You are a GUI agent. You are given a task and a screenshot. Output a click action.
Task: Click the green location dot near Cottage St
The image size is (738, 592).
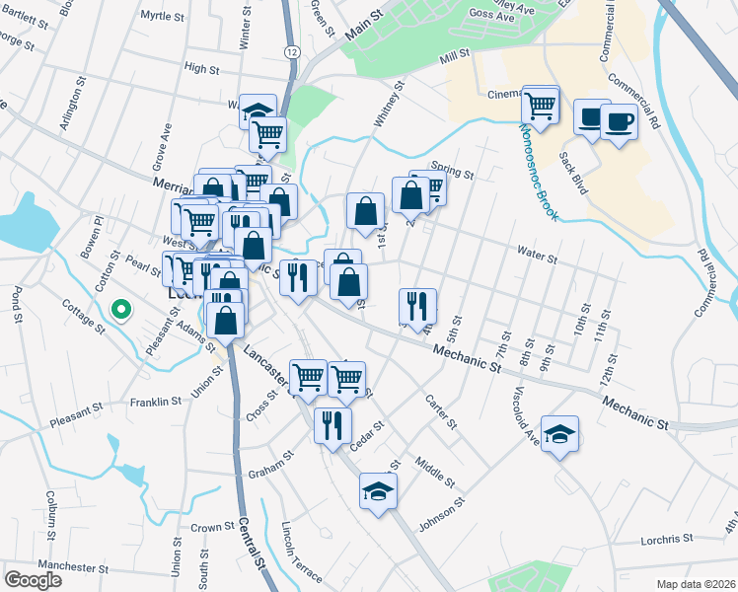pos(121,311)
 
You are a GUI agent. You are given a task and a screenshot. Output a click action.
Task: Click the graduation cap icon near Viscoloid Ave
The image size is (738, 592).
pos(559,434)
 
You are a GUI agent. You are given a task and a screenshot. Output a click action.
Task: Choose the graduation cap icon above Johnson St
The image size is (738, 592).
pos(378,490)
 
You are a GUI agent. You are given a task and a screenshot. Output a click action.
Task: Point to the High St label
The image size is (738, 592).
pos(201,68)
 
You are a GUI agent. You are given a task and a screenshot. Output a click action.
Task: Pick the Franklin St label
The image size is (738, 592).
pos(156,403)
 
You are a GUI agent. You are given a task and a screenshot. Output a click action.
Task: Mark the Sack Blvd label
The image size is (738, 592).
pos(573,172)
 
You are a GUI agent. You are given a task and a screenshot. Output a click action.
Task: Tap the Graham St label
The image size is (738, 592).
pos(271,459)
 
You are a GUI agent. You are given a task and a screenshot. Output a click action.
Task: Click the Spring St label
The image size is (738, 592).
pos(453,168)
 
